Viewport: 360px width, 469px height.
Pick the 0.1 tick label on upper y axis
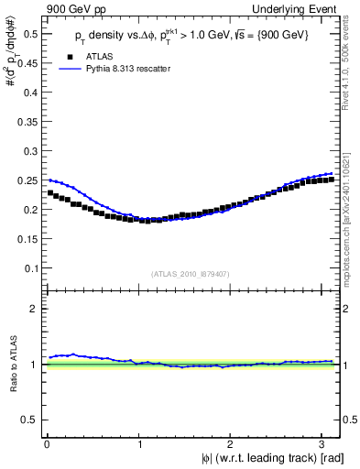pyautogui.click(x=29, y=268)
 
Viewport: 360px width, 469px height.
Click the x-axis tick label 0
pyautogui.click(x=47, y=444)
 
